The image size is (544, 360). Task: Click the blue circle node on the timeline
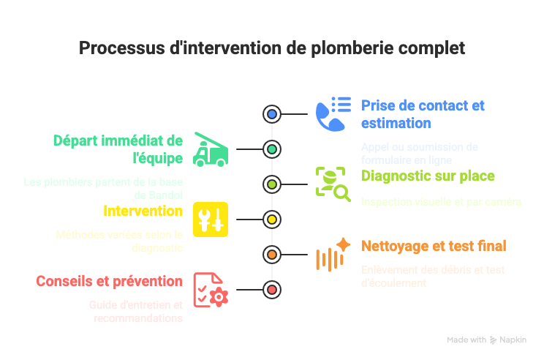point(272,114)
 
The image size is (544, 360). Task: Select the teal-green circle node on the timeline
point(272,149)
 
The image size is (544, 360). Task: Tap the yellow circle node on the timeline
point(272,220)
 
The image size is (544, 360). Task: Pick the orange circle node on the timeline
point(272,255)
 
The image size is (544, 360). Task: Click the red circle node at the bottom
point(272,290)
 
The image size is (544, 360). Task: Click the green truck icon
point(211,149)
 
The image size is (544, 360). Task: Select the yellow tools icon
point(211,220)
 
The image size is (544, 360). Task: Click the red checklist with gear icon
point(211,290)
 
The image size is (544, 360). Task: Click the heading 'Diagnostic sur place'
point(428,176)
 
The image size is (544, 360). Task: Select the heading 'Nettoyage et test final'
point(434,246)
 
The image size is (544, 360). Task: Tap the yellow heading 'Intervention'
point(143,211)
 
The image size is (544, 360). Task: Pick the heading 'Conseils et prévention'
point(110,281)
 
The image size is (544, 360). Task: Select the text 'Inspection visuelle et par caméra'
point(441,201)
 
